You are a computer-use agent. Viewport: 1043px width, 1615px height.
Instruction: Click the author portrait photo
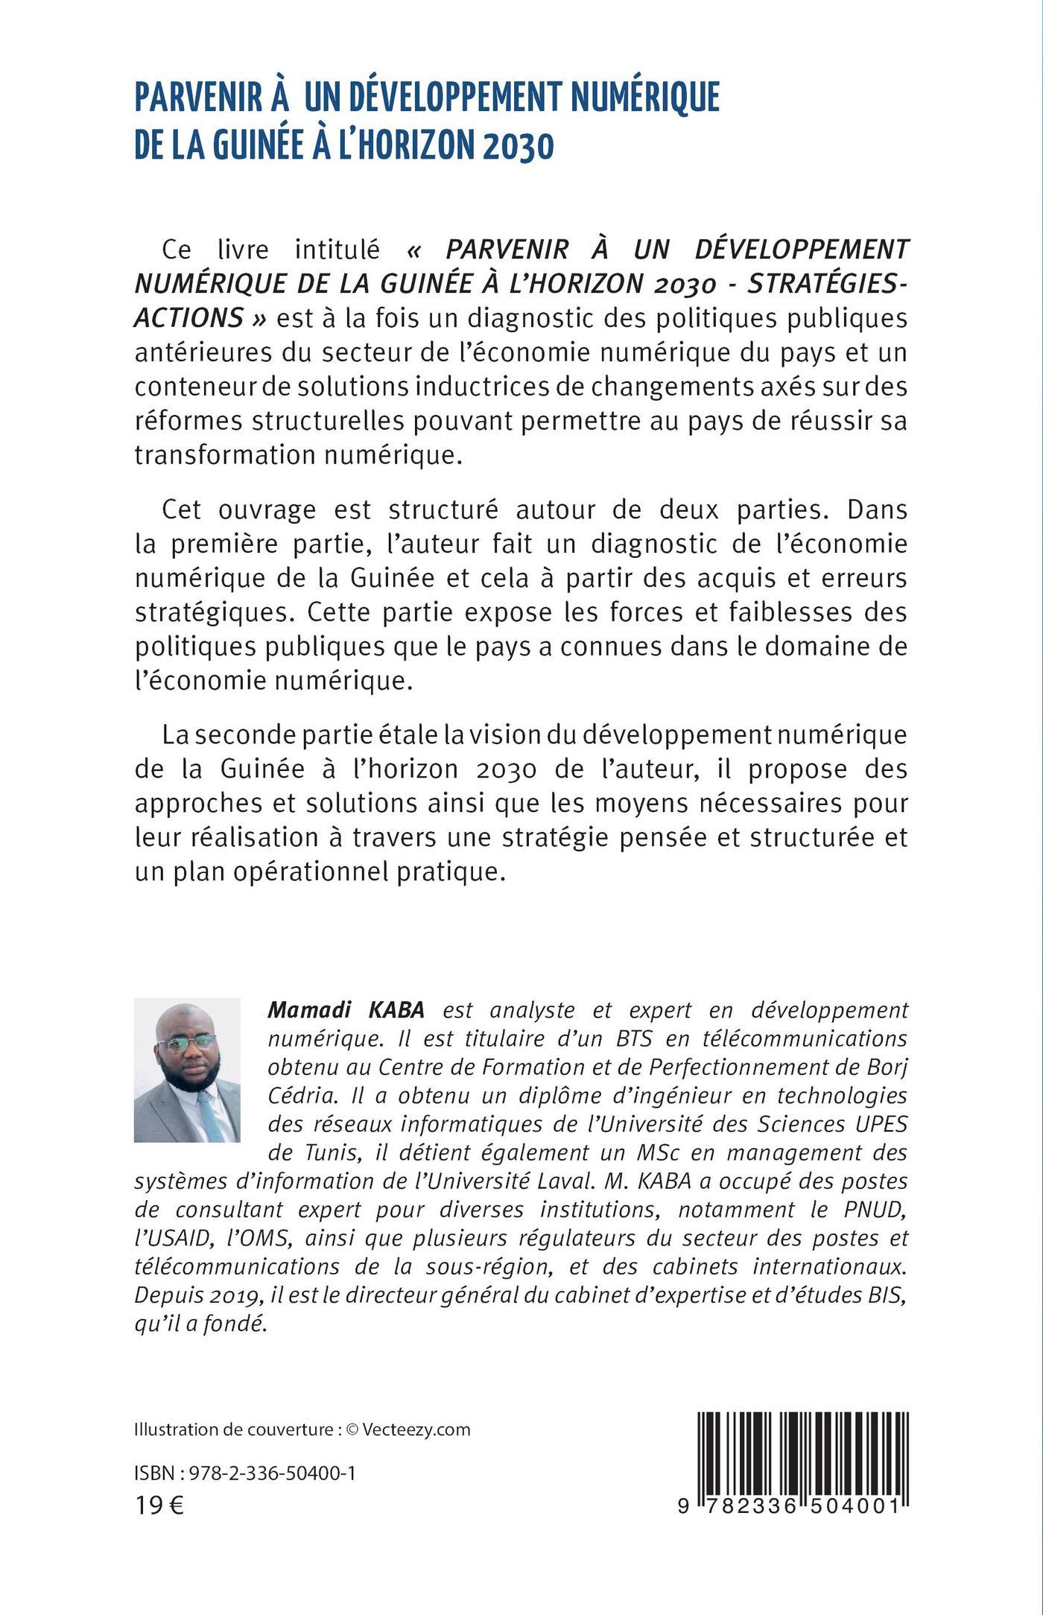pyautogui.click(x=187, y=1070)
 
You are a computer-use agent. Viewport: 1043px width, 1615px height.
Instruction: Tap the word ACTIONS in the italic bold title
pyautogui.click(x=188, y=318)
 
